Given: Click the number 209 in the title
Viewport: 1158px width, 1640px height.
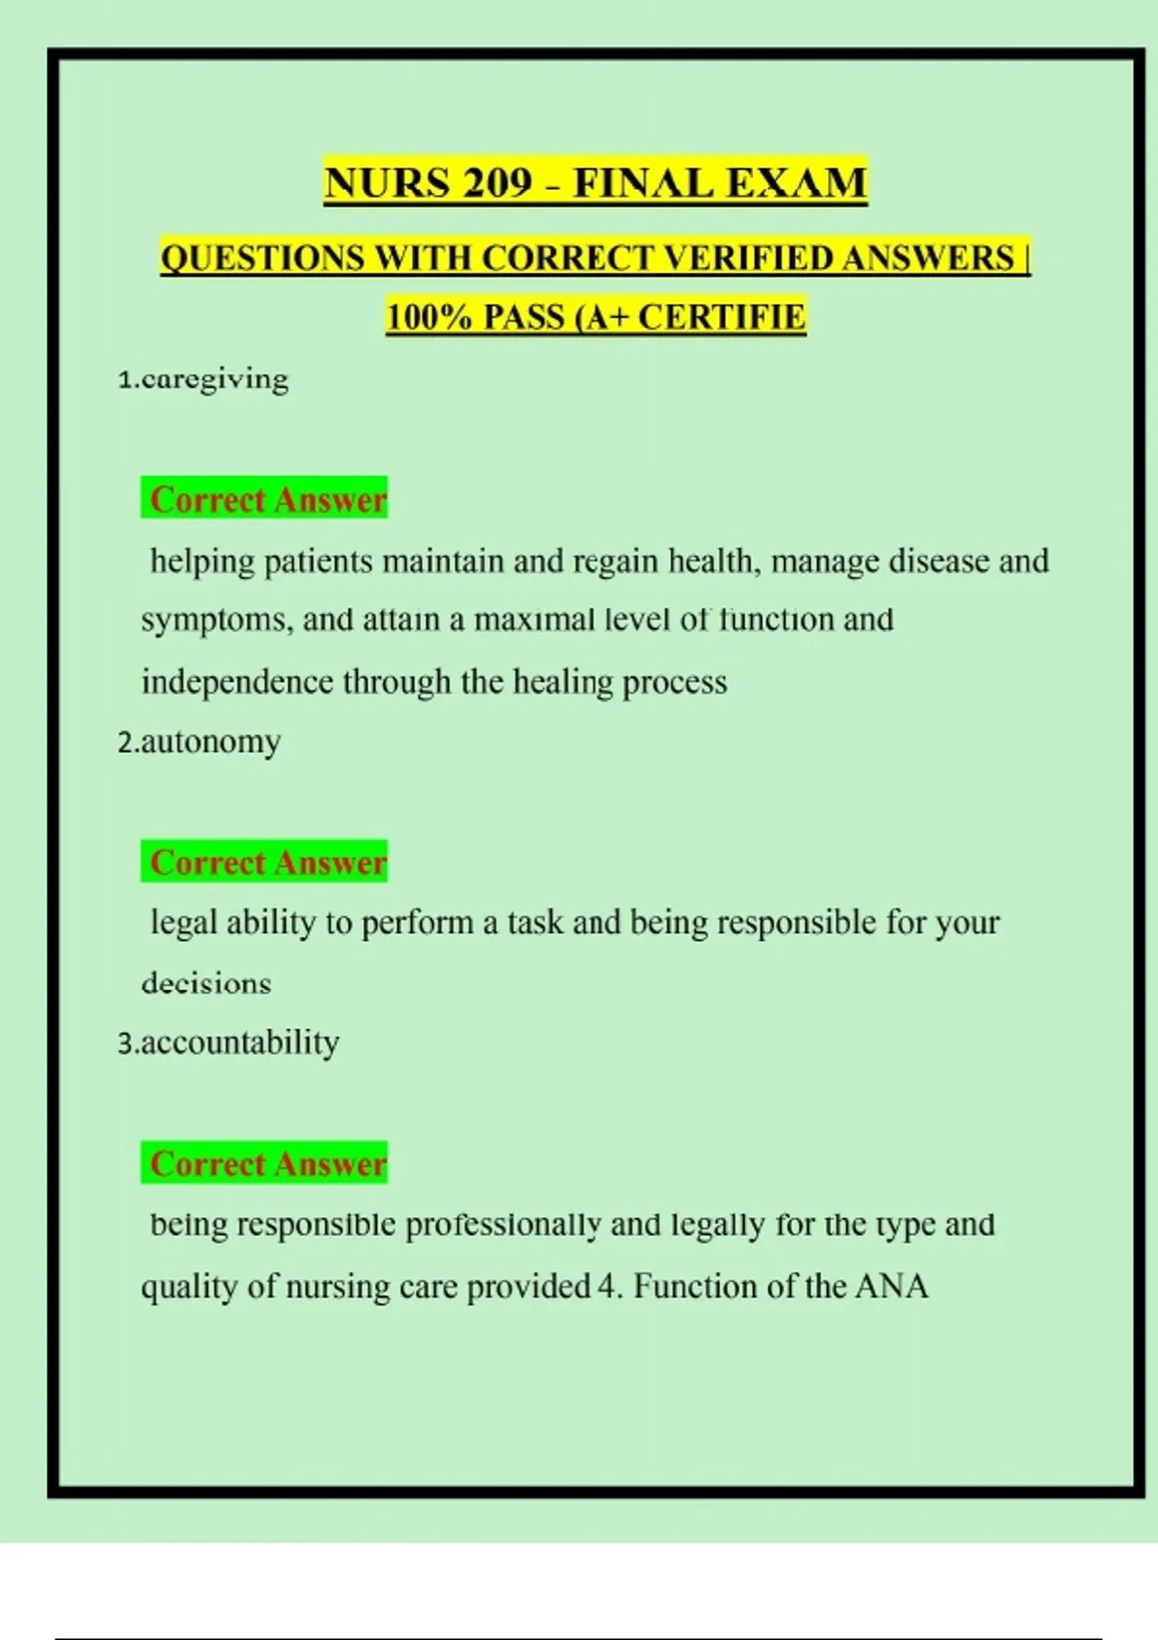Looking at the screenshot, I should [x=496, y=183].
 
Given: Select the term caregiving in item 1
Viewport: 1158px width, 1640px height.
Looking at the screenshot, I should [x=214, y=379].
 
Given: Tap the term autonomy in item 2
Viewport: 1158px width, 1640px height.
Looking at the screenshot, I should [x=210, y=742].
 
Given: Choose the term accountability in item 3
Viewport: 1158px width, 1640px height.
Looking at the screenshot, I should [x=240, y=1043].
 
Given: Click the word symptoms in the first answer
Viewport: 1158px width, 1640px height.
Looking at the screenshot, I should [x=215, y=620].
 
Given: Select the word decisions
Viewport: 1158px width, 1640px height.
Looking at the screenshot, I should [x=206, y=983].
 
